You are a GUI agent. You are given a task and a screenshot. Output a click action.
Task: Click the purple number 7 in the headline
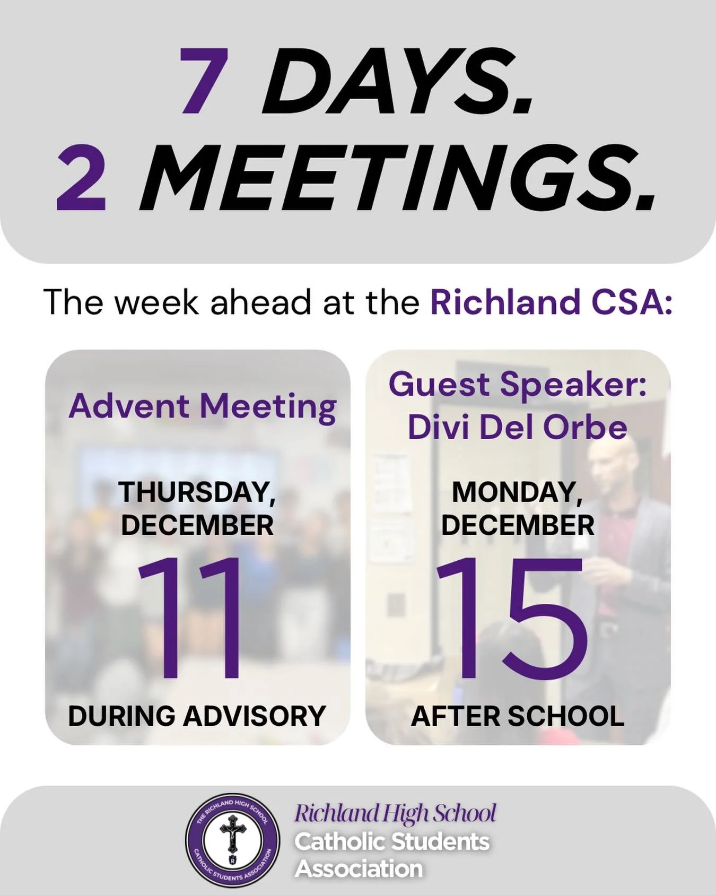204,81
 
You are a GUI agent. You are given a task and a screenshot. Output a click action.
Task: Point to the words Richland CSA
551,302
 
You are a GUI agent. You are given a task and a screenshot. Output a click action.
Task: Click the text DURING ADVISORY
197,716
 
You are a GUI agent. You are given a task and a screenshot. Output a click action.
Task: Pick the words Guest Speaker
518,385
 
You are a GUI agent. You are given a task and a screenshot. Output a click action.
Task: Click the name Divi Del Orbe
518,427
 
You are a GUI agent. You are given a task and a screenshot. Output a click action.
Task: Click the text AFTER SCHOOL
518,716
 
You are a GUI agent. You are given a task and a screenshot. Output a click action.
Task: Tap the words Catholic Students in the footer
392,841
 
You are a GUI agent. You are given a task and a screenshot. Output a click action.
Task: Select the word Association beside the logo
359,869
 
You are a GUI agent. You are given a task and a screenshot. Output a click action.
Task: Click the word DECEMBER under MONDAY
518,525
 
